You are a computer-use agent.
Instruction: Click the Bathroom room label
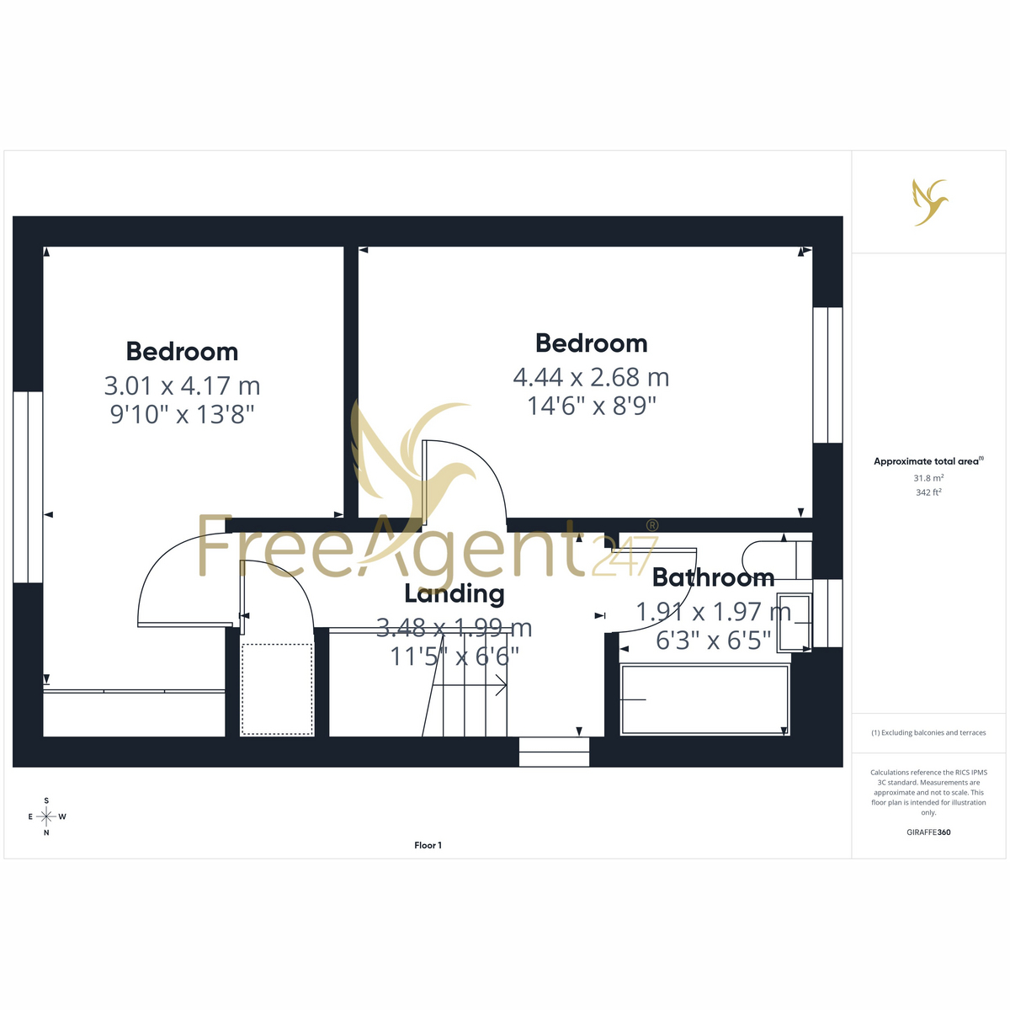713,577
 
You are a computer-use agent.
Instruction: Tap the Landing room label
454,595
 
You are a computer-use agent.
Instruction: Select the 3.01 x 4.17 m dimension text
182,385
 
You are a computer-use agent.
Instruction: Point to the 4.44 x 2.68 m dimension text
591,377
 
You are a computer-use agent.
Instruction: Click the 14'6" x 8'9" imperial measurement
591,406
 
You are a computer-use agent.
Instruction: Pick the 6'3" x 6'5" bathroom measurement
714,640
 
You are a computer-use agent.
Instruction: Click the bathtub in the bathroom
704,699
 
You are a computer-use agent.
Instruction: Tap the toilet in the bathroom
778,559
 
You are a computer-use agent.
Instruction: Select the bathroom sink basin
794,622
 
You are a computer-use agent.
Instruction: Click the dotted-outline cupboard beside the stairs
277,689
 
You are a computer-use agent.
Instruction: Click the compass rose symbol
46,816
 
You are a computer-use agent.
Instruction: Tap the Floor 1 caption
428,845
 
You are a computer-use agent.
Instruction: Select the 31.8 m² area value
928,477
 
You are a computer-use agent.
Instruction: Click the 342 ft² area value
928,492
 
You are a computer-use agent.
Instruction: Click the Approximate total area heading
928,461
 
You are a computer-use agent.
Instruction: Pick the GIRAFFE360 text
928,832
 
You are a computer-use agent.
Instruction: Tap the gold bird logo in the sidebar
930,202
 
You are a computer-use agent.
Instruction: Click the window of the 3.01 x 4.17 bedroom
28,487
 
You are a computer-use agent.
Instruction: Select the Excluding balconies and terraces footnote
928,732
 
